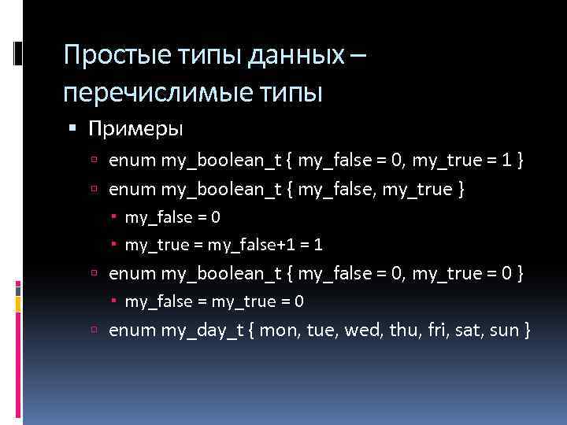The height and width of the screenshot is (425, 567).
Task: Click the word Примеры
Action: click(x=136, y=128)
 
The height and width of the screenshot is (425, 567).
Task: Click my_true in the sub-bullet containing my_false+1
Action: click(x=154, y=245)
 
